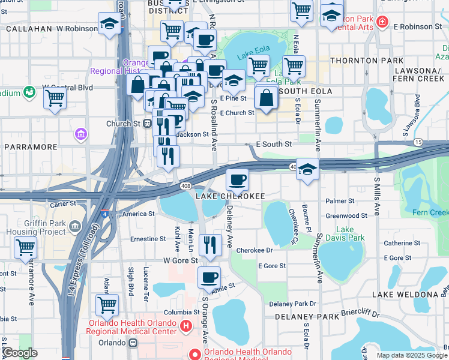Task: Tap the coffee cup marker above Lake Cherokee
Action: [x=237, y=179]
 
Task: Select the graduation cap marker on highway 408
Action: [x=307, y=169]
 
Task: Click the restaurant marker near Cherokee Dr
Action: [x=210, y=245]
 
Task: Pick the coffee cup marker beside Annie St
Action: [x=209, y=278]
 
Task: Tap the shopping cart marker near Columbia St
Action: [x=107, y=305]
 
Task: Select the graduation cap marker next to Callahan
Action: [x=109, y=25]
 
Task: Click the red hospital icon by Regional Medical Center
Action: [x=186, y=326]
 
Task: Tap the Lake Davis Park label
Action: [x=350, y=234]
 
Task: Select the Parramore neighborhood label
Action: [x=31, y=146]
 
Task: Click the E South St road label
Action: [x=274, y=144]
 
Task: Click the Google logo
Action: [x=20, y=352]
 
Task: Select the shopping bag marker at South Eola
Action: [x=266, y=98]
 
